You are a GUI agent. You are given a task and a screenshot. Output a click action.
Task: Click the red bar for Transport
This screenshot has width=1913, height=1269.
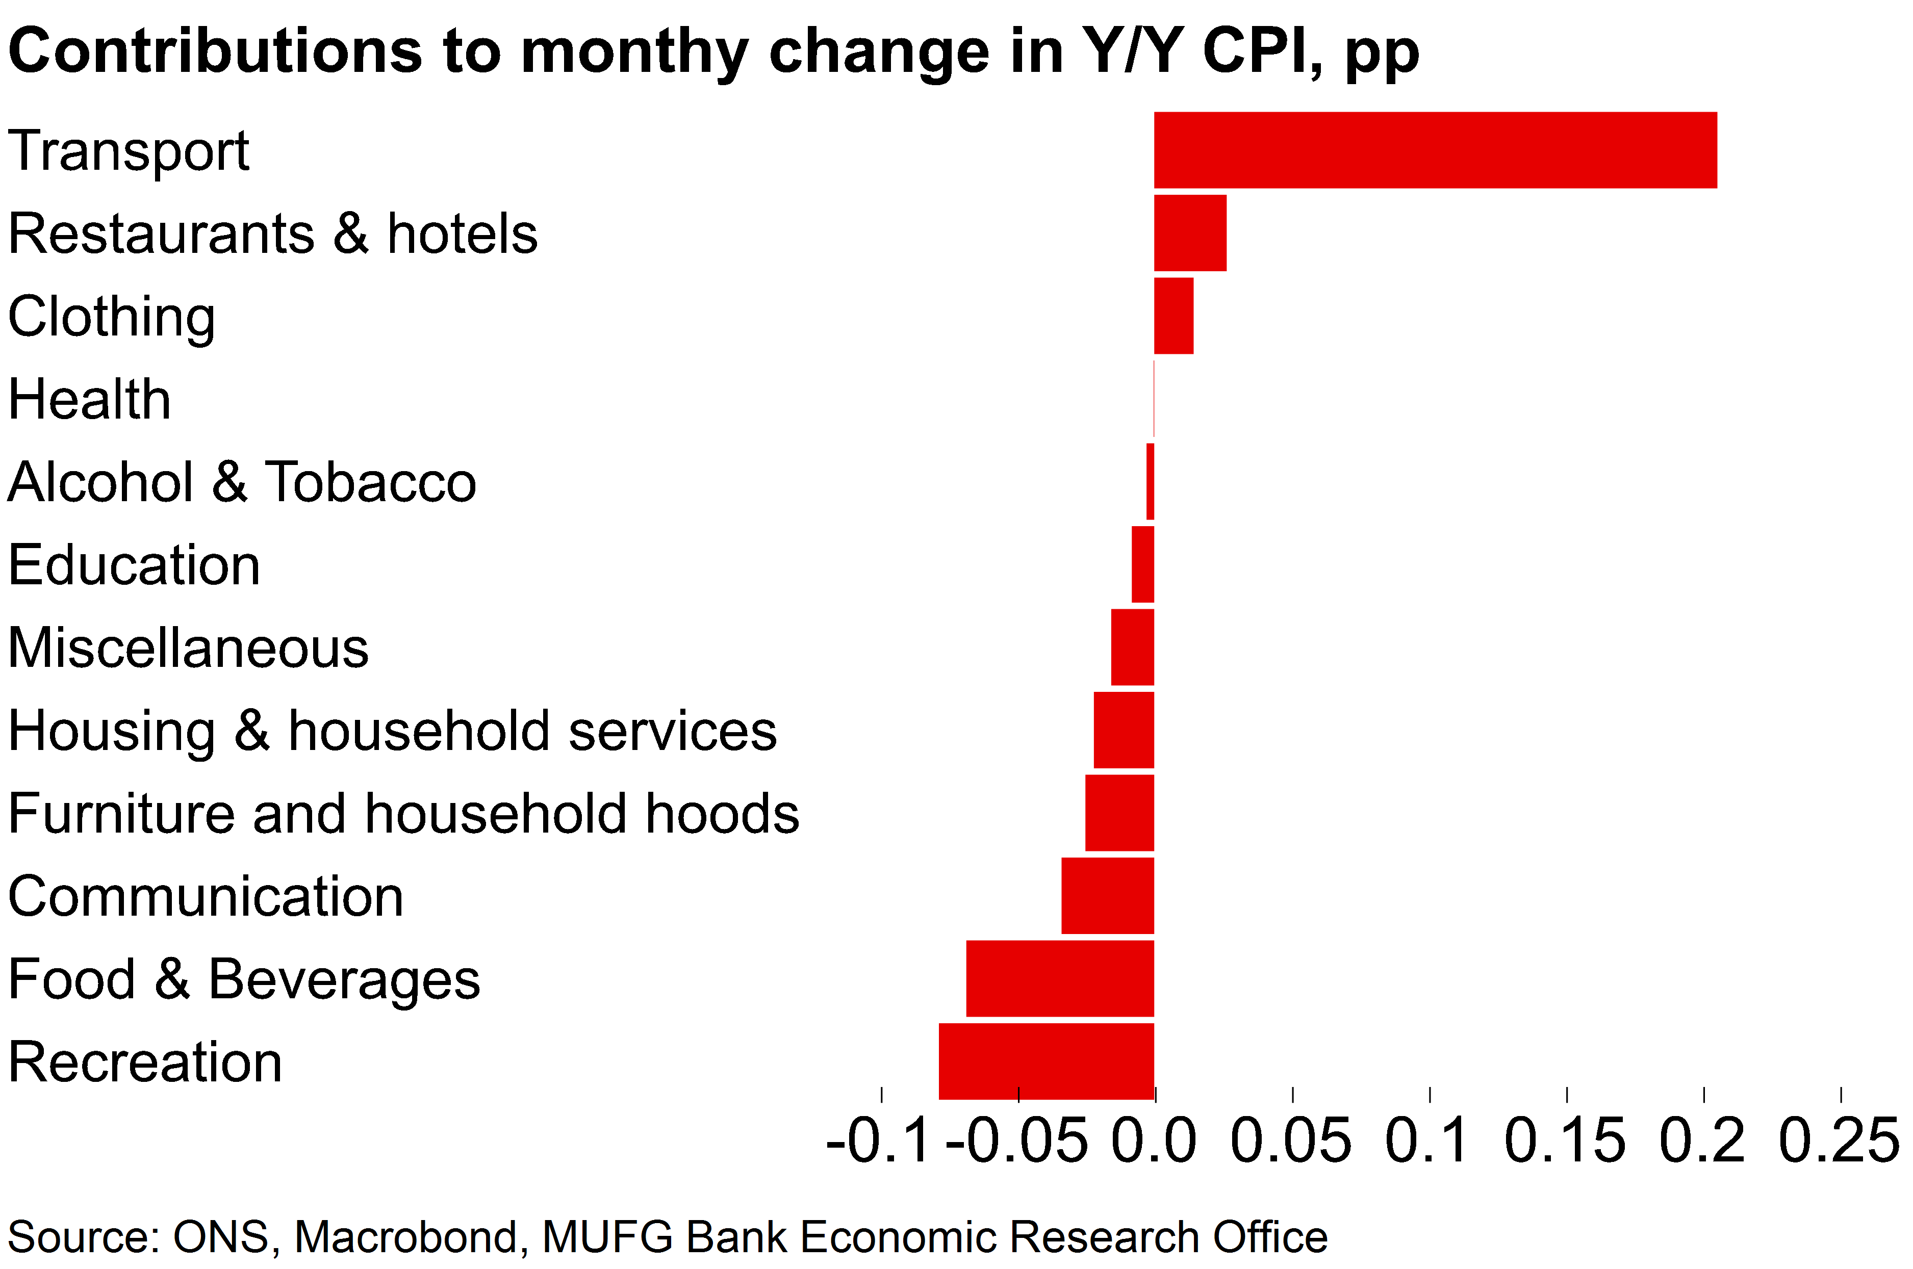pos(1435,150)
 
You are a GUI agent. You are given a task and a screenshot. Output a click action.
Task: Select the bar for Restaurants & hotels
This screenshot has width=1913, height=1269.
pos(1189,233)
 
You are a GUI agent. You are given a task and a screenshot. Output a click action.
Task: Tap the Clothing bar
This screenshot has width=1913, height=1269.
pos(1173,316)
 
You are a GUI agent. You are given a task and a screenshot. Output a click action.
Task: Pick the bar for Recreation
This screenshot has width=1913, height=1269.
pos(1046,1061)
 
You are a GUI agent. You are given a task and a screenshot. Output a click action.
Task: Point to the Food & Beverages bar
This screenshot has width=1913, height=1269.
pos(1060,978)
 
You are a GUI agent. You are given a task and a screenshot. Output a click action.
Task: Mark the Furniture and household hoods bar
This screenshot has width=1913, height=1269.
pos(1119,813)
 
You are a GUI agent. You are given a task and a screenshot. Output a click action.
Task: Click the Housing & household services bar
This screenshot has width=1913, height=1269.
pos(1123,730)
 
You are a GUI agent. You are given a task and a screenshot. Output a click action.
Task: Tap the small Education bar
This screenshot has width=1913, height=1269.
pos(1142,564)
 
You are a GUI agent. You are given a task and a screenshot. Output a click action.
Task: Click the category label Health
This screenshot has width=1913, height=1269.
pos(89,399)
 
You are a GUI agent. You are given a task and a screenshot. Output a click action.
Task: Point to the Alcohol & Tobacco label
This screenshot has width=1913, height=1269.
pos(241,482)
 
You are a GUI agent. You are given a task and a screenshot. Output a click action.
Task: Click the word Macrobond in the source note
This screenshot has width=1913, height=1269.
pos(405,1237)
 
